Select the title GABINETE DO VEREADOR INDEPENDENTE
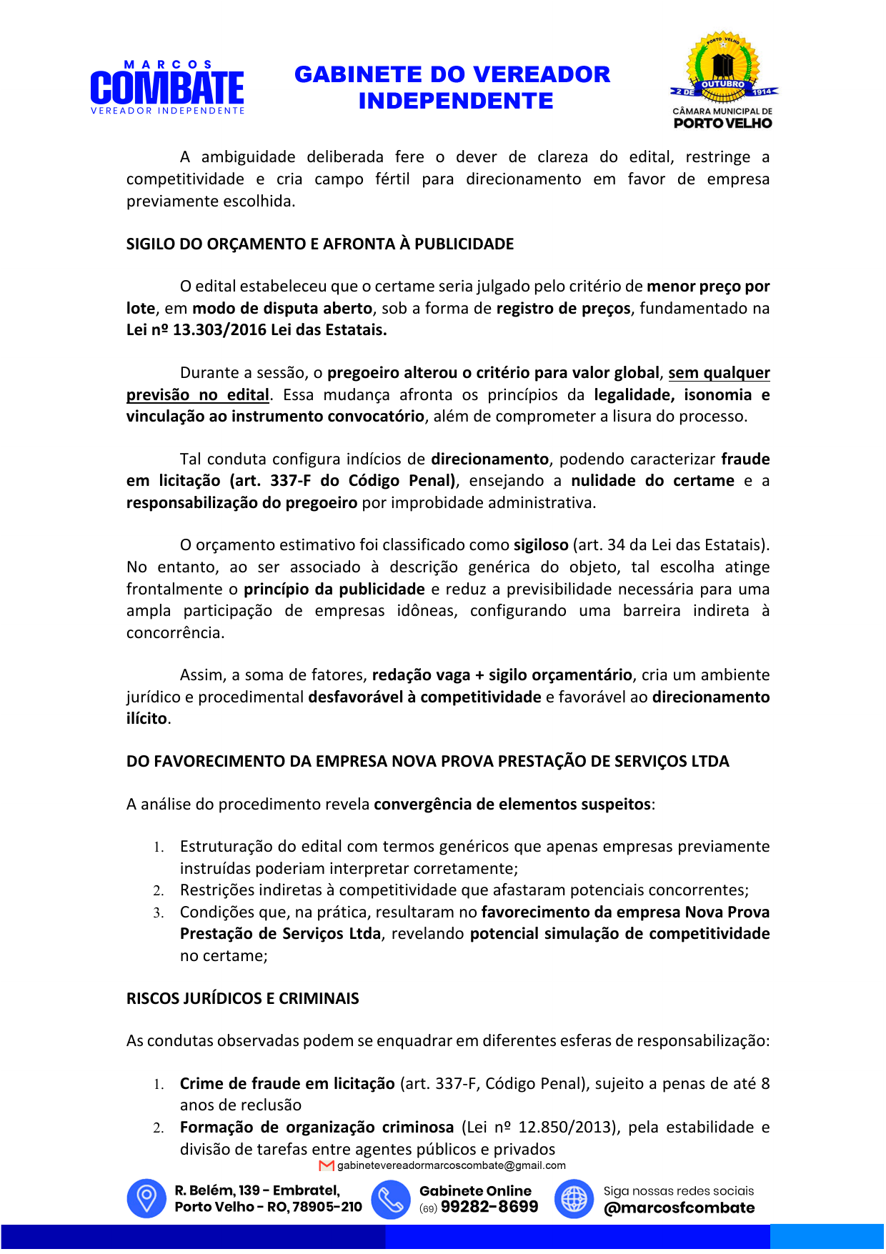coord(452,87)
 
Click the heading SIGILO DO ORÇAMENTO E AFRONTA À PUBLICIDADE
coord(319,244)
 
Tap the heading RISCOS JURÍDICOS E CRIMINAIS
coord(242,999)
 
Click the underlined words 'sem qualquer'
coord(719,373)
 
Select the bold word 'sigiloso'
coord(541,545)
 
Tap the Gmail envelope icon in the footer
coord(327,1166)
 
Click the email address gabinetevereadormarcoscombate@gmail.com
coord(452,1166)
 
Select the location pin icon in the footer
coord(146,1198)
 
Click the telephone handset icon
coord(391,1198)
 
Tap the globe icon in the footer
coord(574,1198)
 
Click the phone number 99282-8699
coord(489,1208)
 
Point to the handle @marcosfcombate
coord(679,1208)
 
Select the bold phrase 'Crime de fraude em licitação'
coord(287,1084)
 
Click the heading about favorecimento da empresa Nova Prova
coord(427,762)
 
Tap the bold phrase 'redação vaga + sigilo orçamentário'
coord(502,675)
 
